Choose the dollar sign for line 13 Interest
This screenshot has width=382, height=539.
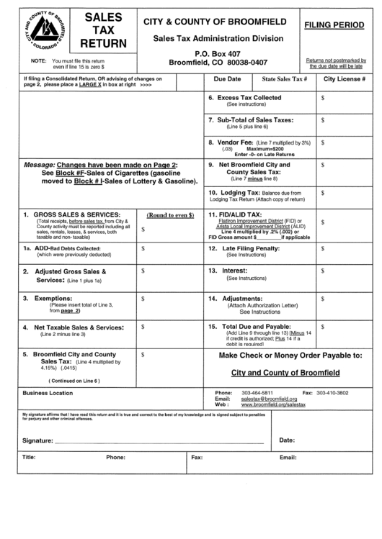322,271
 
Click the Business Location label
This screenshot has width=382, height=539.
48,393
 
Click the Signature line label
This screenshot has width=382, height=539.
37,440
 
